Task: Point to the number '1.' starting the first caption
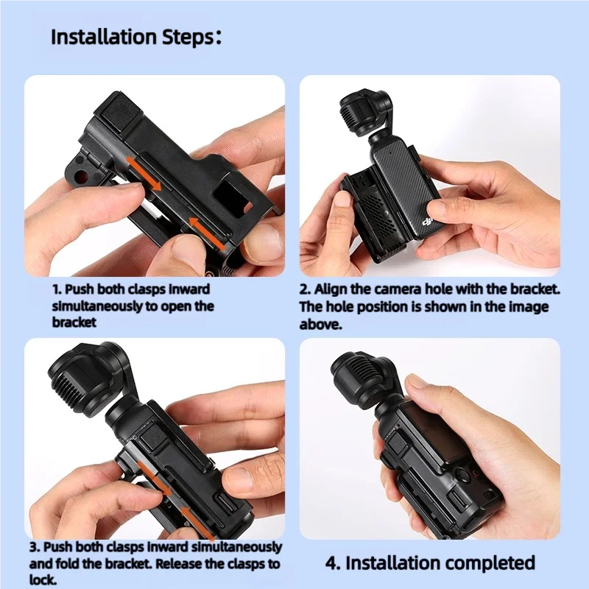pos(57,289)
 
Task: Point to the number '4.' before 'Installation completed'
pos(334,563)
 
